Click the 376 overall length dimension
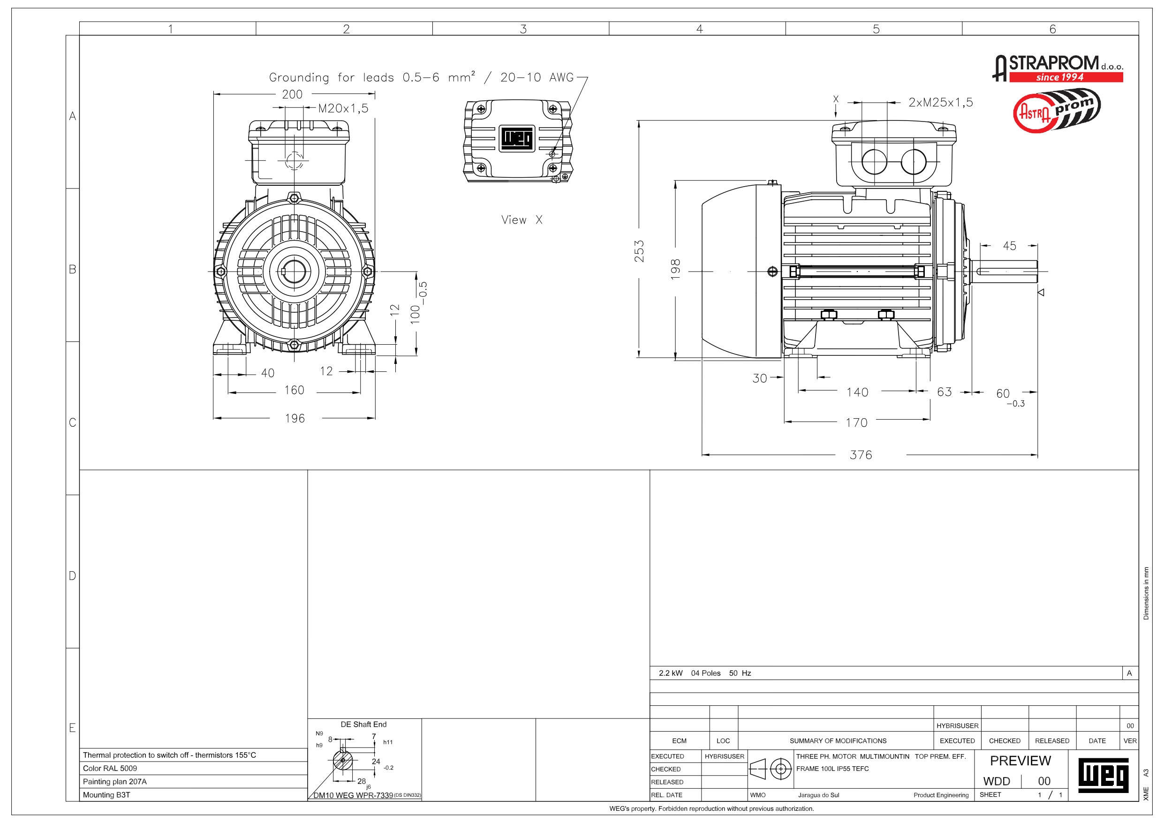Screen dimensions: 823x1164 click(x=861, y=455)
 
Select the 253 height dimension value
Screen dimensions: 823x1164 click(x=640, y=251)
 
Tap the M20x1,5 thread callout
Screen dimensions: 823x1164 click(x=343, y=108)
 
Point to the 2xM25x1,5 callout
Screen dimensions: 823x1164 click(x=940, y=102)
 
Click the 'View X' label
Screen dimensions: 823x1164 click(x=522, y=220)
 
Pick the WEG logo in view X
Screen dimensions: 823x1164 click(x=517, y=138)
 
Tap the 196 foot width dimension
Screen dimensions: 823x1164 click(x=295, y=418)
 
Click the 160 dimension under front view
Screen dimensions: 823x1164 click(x=294, y=391)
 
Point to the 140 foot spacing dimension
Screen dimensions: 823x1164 click(x=857, y=392)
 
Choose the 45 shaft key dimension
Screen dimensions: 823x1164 click(x=1009, y=246)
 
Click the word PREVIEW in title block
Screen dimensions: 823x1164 click(x=1020, y=761)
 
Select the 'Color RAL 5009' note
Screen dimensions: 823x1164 click(x=110, y=768)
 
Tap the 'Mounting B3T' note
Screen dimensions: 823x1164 click(x=106, y=794)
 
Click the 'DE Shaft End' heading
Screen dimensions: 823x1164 click(x=363, y=724)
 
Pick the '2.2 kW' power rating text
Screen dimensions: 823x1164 click(x=670, y=673)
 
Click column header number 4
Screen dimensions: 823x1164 click(x=699, y=29)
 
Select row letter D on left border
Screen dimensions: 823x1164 click(x=73, y=576)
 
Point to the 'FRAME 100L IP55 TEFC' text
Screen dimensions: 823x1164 click(x=832, y=769)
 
